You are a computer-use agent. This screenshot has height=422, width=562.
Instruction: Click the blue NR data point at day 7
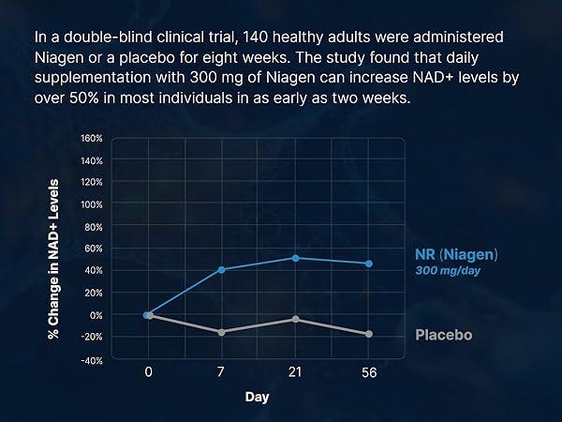[x=222, y=270]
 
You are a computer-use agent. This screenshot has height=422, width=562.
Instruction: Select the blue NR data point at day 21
[x=296, y=258]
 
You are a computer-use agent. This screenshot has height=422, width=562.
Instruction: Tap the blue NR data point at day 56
[x=369, y=264]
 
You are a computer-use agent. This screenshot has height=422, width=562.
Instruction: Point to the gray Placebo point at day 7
[x=222, y=332]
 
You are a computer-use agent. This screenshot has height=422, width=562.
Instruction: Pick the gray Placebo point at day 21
[x=296, y=320]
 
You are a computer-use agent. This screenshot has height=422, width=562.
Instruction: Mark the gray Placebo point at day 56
[x=369, y=334]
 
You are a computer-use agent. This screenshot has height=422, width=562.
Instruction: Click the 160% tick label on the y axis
[x=92, y=138]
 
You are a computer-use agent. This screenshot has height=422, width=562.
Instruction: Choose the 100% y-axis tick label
[x=92, y=204]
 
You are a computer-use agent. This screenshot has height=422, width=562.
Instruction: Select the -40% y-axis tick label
[x=91, y=359]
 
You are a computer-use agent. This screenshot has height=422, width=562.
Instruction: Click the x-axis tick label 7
[x=222, y=372]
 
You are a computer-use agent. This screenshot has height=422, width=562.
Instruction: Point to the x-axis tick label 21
[x=296, y=372]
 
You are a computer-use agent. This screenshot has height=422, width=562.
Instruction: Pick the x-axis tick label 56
[x=369, y=372]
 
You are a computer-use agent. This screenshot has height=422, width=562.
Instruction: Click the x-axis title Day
[x=258, y=397]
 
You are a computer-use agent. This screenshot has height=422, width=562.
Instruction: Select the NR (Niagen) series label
[x=456, y=254]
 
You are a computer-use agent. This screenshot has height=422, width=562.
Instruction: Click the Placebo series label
[x=443, y=335]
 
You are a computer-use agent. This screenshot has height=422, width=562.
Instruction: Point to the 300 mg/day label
[x=449, y=270]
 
